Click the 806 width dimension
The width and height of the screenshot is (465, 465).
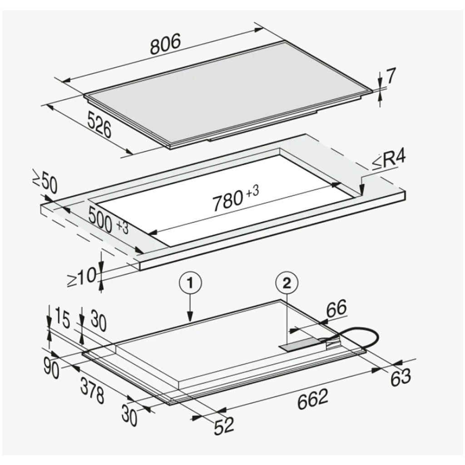[x=165, y=44]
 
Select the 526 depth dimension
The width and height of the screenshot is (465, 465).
[x=99, y=126]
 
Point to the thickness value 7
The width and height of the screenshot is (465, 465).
[x=391, y=77]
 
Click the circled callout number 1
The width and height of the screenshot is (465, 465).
[x=190, y=283]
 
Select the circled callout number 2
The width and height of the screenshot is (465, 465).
[x=287, y=283]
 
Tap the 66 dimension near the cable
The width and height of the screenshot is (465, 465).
[x=336, y=309]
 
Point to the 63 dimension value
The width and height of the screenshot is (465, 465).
[x=400, y=376]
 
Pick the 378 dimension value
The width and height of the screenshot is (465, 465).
[x=92, y=390]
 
